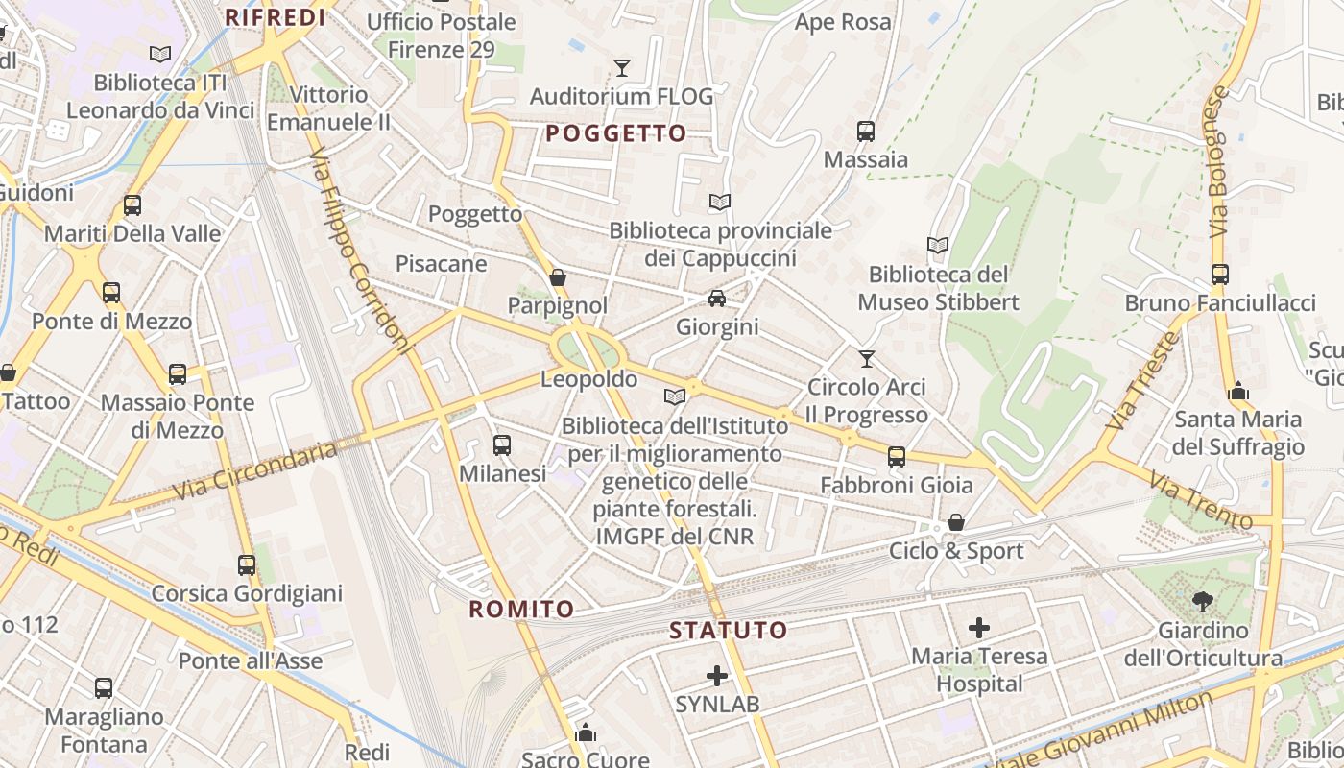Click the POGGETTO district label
click(x=615, y=133)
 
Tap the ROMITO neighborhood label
click(x=521, y=609)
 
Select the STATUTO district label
click(x=728, y=631)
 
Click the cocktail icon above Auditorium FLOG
click(x=622, y=67)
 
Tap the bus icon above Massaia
click(x=865, y=131)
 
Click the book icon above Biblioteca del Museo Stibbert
click(x=938, y=246)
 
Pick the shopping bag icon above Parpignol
click(x=557, y=277)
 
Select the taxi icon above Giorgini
click(x=716, y=299)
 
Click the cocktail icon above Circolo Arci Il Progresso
click(x=867, y=358)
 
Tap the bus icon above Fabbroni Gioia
click(x=896, y=457)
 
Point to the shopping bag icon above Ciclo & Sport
click(x=955, y=522)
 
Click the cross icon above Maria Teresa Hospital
click(x=978, y=628)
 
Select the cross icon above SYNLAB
click(x=716, y=675)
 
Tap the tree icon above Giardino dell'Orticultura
click(x=1202, y=602)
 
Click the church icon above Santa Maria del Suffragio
click(x=1238, y=391)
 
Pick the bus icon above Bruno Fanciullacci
click(x=1219, y=275)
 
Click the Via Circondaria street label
click(x=255, y=470)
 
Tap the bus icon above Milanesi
click(x=501, y=444)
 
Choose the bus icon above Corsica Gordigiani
click(x=247, y=564)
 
